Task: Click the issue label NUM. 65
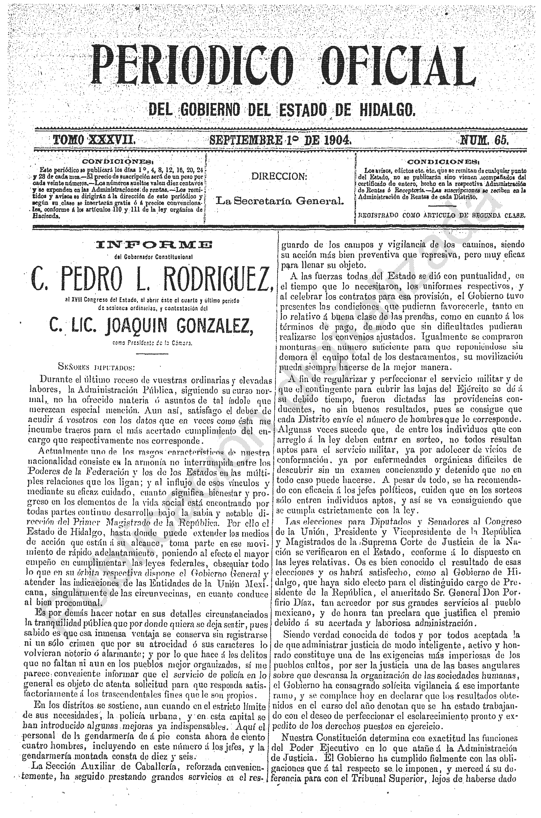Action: [485, 140]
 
